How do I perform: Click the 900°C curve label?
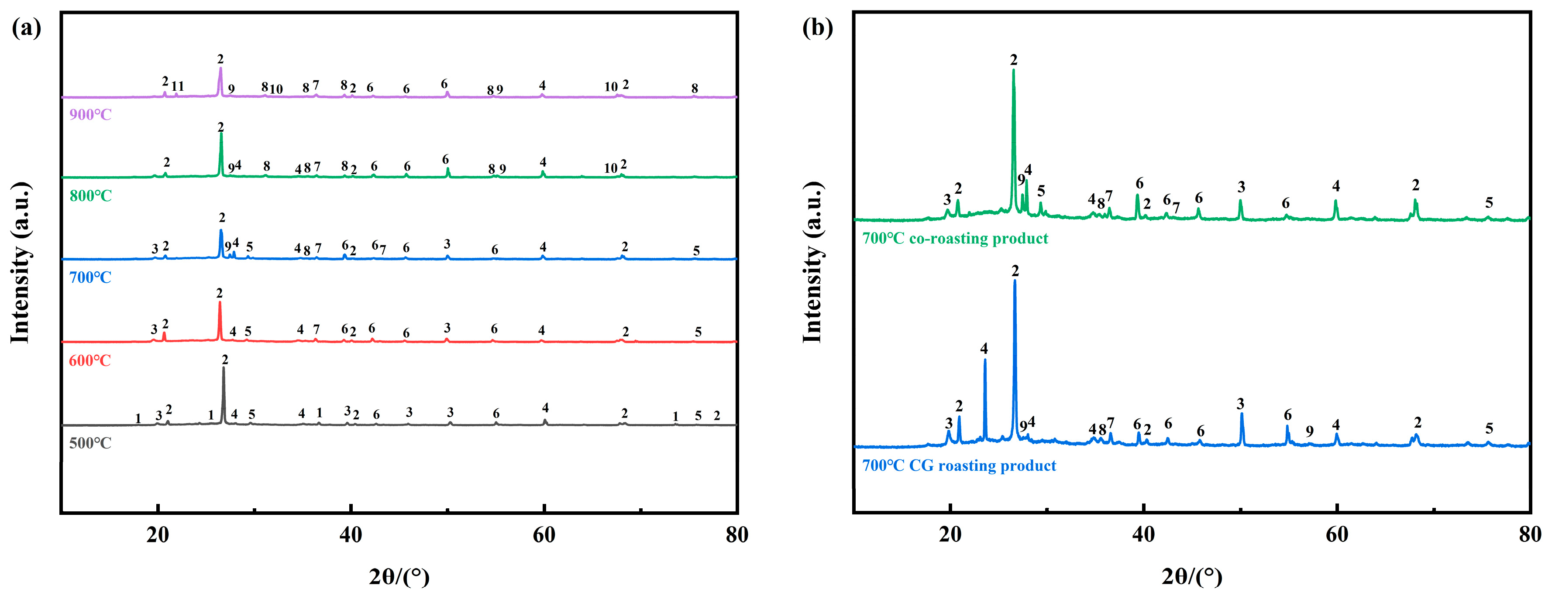point(90,114)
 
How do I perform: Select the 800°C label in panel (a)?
point(90,196)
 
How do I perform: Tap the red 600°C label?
point(90,361)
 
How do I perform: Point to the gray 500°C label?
point(90,444)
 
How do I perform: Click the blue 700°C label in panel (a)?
point(90,277)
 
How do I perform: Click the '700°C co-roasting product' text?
point(955,239)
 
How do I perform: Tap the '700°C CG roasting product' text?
point(958,466)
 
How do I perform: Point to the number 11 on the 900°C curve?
point(178,86)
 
